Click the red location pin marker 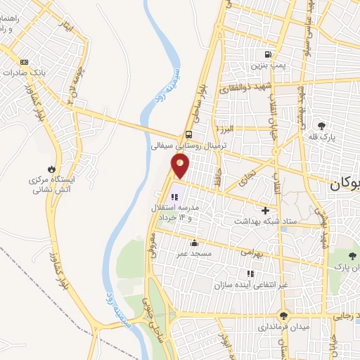pos(181,166)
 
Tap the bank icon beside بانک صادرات pos(25,61)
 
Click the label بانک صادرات pos(25,72)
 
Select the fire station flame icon pos(51,168)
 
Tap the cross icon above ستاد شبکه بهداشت pos(265,210)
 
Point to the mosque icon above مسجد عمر pos(194,243)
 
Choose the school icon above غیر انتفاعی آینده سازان pos(249,273)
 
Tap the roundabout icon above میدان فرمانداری pos(283,316)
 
